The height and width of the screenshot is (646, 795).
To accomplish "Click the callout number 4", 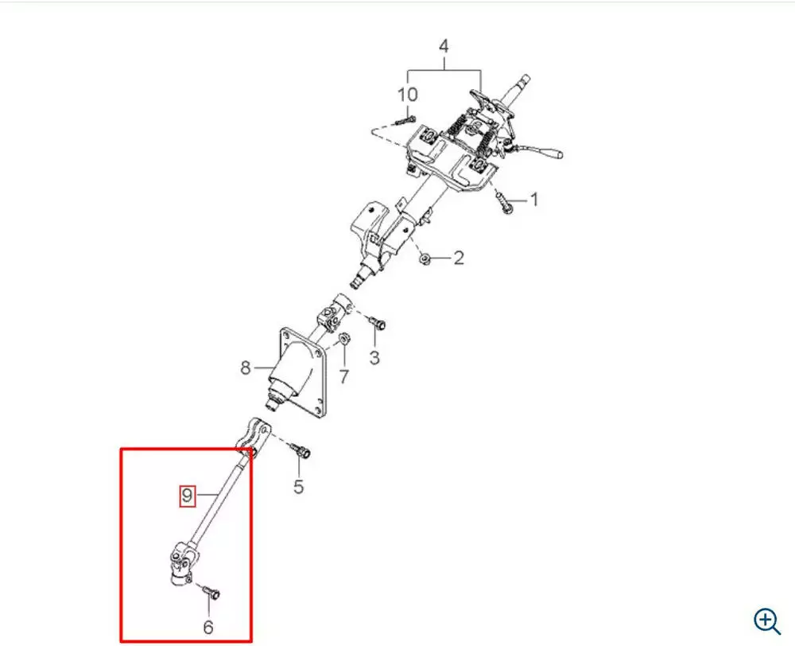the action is [444, 46].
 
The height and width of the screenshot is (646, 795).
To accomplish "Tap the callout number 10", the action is [407, 95].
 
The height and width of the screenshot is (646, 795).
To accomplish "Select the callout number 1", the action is [533, 200].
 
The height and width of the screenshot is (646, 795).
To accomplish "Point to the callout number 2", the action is [459, 258].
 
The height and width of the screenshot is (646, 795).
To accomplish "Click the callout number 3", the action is [374, 358].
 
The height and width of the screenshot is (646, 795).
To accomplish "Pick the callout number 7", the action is [344, 376].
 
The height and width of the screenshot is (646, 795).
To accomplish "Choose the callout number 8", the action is [246, 367].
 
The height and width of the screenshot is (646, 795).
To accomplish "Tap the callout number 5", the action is [299, 486].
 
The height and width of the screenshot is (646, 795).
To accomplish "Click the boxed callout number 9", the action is [187, 495].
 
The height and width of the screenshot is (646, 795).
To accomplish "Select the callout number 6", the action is [207, 627].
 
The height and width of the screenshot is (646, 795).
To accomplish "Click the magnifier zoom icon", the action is [767, 621].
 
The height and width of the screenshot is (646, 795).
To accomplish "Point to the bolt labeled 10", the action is [405, 121].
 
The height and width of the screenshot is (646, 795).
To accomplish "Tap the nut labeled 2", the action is [425, 259].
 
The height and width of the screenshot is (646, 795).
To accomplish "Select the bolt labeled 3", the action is [377, 321].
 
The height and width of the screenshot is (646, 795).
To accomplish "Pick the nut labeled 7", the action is [343, 338].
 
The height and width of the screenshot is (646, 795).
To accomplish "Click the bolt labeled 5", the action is [301, 450].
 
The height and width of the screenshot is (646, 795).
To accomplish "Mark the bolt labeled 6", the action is [211, 591].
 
